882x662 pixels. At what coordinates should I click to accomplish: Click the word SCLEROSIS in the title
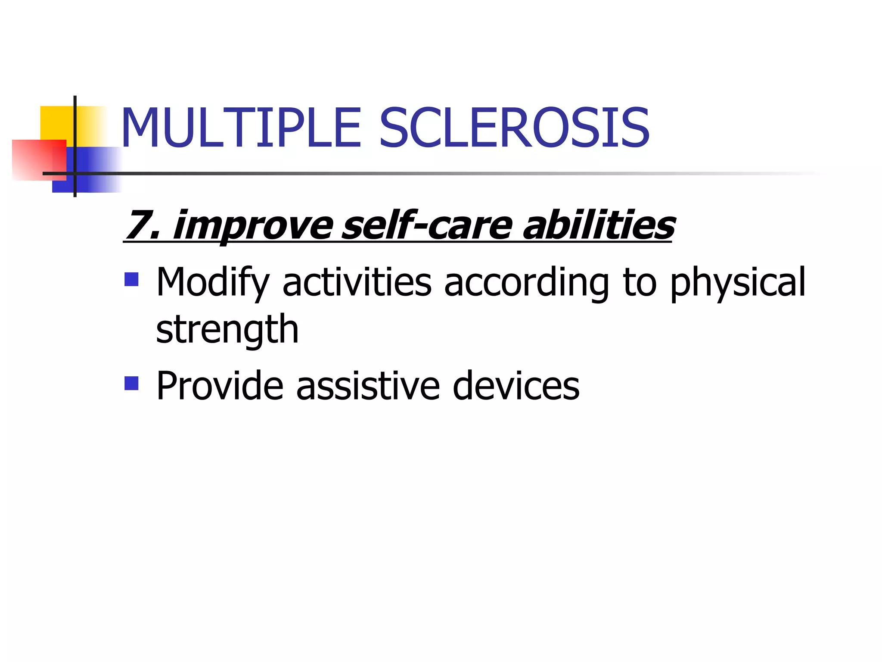(x=514, y=128)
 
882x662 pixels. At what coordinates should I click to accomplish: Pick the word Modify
(x=213, y=283)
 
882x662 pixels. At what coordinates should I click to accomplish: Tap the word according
(x=526, y=283)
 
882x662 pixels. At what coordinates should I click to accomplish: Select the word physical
(x=738, y=283)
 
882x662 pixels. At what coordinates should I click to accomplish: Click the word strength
(x=227, y=330)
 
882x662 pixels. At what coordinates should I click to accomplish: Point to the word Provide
(x=220, y=385)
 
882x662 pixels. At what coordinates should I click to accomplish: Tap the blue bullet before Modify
(x=131, y=279)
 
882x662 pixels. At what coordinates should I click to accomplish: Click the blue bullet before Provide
(x=131, y=383)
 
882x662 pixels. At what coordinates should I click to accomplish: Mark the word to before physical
(x=640, y=283)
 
